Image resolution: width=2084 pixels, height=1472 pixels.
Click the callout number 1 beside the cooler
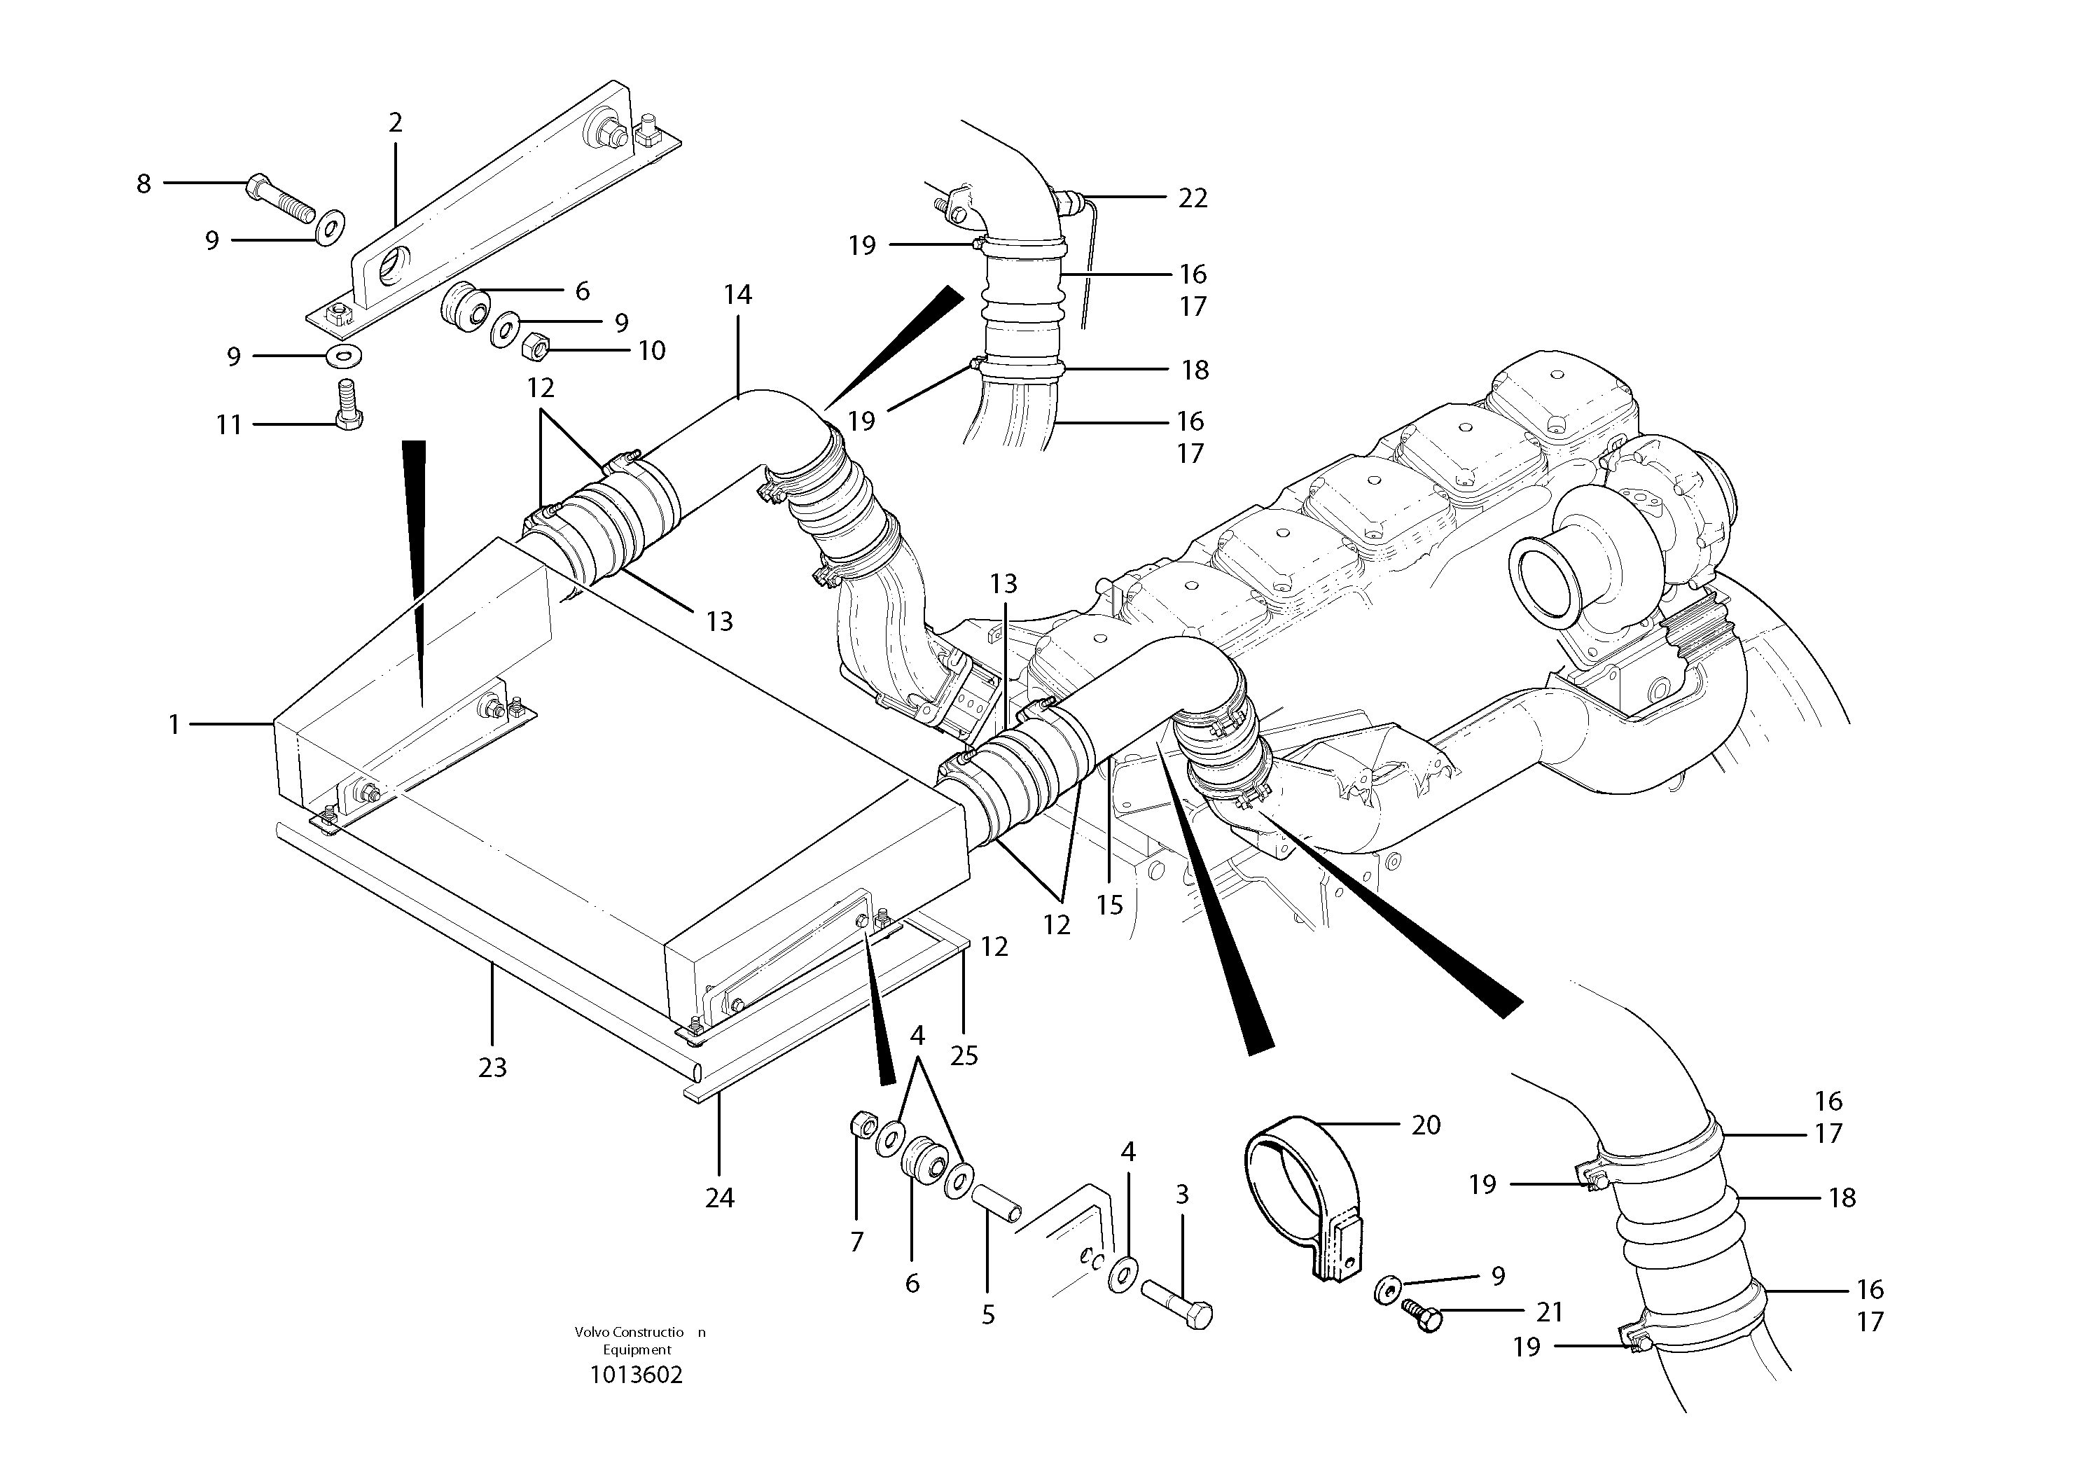point(174,725)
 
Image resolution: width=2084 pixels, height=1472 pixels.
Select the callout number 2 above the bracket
point(395,123)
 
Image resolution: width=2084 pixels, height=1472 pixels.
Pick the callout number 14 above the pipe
point(738,295)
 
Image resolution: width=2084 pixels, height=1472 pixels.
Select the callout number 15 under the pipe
point(1109,905)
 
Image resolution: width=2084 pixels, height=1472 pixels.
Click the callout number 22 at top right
point(1193,198)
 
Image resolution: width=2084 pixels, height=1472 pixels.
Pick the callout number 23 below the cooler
point(492,1068)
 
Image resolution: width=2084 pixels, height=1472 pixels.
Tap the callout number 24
point(719,1199)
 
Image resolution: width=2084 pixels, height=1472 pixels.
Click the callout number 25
point(964,1055)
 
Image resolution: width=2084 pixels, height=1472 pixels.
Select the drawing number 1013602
point(637,1374)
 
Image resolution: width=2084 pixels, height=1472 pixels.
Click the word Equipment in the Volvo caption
point(637,1349)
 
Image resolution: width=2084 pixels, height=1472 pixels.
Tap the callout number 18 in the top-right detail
point(1195,370)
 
